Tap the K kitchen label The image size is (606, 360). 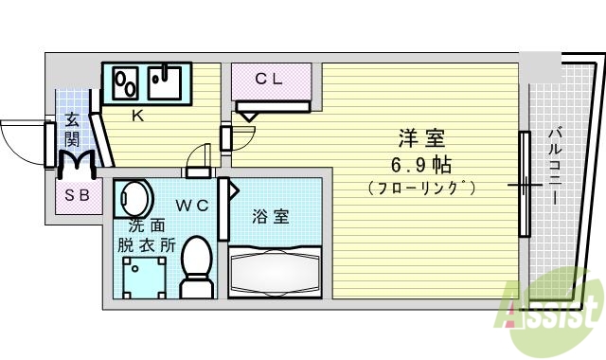(x=136, y=117)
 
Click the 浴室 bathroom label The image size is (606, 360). (x=270, y=217)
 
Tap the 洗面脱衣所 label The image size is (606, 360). (x=142, y=234)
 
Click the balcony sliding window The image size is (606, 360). (x=523, y=184)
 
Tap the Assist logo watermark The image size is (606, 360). (x=554, y=314)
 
